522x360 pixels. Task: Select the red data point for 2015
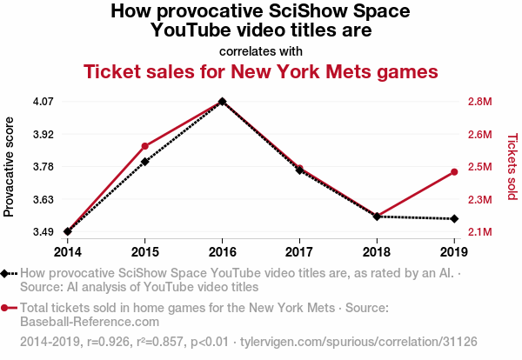click(145, 146)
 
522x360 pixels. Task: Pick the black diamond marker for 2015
click(145, 162)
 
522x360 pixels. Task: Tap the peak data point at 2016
click(223, 102)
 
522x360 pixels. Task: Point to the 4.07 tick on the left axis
click(43, 102)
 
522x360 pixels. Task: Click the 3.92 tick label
click(43, 134)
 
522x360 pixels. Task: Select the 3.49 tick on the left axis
click(43, 232)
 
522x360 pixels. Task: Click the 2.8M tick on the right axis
click(479, 102)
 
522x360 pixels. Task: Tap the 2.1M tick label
click(479, 232)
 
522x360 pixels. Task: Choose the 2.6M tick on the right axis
click(479, 134)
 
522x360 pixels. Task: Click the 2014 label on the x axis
click(67, 251)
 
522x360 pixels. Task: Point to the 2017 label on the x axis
click(299, 251)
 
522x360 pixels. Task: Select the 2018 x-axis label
click(377, 251)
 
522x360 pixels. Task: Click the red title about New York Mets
click(261, 70)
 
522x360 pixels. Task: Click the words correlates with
click(261, 50)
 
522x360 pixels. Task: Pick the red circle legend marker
click(6, 308)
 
